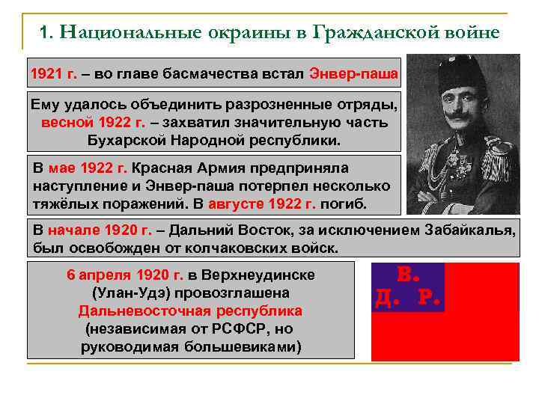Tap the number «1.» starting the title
pos(47,33)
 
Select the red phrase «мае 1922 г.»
pos(88,168)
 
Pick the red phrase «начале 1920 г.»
pos(100,230)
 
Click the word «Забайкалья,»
pos(469,230)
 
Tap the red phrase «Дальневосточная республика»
pos(190,310)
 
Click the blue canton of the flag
pos(407,287)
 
